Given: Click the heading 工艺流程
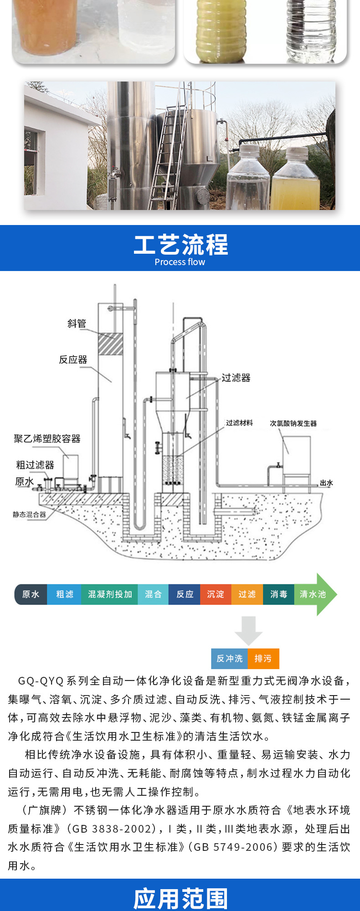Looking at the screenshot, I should click(x=180, y=245).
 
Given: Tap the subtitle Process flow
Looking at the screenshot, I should click(x=180, y=262).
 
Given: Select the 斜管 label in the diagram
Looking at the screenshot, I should click(x=77, y=323).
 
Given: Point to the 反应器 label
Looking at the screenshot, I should click(x=73, y=360).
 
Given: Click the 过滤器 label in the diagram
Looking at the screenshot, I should click(x=236, y=378).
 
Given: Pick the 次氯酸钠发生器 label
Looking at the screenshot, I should click(x=293, y=423).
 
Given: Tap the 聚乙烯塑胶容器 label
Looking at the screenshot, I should click(x=47, y=439).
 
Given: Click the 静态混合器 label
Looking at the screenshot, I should click(x=30, y=515).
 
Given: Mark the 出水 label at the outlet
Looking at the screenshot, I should click(x=326, y=483).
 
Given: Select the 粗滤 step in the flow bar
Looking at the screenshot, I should click(x=64, y=594).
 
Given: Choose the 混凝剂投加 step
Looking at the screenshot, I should click(x=110, y=594).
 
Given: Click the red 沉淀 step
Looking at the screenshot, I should click(x=216, y=594).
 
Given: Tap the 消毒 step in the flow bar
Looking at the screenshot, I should click(x=278, y=594).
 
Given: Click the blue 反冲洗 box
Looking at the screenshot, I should click(x=229, y=659).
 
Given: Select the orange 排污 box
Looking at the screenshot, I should click(x=263, y=659).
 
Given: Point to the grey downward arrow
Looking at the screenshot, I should click(x=248, y=630).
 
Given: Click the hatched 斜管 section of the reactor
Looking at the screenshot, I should click(x=111, y=344).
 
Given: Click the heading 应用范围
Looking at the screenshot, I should click(x=180, y=899).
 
